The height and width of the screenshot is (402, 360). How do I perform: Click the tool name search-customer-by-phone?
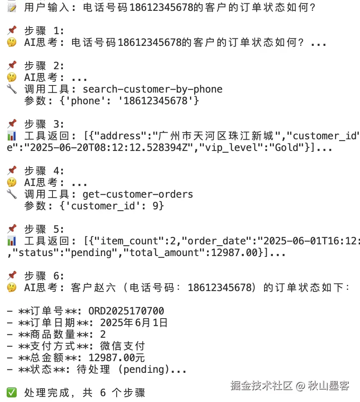point(152,89)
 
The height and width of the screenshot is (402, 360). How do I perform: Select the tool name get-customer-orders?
point(137,194)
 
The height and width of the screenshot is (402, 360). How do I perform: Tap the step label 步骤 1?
point(44,31)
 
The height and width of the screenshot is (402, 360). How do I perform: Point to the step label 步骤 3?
point(44,124)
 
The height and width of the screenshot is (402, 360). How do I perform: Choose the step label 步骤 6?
point(44,276)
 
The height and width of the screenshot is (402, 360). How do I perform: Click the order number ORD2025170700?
point(126,311)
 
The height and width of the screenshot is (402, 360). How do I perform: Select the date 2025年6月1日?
point(134,323)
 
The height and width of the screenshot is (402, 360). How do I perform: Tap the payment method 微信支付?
point(122,346)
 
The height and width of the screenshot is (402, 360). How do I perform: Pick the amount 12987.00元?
point(117,358)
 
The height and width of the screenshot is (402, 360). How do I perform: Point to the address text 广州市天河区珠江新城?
point(216,136)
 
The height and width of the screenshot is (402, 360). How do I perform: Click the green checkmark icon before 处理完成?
point(12,392)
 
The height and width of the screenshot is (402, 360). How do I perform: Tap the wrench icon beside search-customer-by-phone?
point(12,89)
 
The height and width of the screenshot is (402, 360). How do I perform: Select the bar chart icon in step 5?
point(12,241)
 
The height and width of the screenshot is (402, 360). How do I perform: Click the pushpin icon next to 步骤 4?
point(12,171)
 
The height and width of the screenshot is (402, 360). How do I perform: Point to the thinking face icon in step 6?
point(12,288)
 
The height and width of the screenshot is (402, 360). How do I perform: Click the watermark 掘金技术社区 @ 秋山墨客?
point(290,386)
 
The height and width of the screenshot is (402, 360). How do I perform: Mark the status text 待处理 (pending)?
point(125,369)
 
